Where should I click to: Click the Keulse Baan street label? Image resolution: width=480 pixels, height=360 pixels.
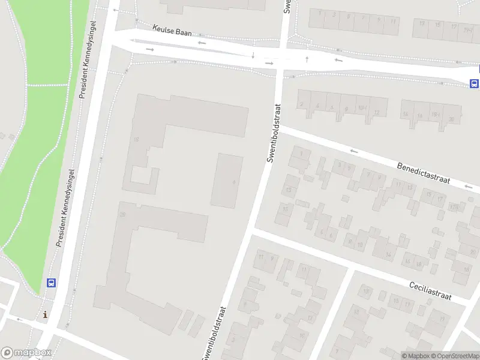(172, 30)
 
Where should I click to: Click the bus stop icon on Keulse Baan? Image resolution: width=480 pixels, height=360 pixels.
(474, 83)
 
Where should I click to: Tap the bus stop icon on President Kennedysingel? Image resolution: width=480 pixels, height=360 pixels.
(52, 283)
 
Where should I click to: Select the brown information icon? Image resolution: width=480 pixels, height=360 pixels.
(45, 314)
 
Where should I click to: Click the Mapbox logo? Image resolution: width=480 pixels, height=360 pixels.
(26, 353)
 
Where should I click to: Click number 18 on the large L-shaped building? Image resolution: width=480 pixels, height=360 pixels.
(136, 140)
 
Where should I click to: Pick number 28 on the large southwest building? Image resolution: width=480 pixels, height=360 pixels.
(122, 214)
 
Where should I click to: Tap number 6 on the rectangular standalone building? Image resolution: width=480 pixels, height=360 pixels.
(233, 182)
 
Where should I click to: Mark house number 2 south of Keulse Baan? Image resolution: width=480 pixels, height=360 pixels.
(301, 104)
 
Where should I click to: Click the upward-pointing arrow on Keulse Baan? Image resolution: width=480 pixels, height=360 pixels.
(307, 59)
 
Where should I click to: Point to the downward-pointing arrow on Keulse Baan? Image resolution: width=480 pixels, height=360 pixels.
(253, 56)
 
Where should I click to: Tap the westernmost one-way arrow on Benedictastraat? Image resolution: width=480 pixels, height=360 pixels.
(354, 151)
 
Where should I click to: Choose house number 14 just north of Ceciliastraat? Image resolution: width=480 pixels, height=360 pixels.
(389, 255)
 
